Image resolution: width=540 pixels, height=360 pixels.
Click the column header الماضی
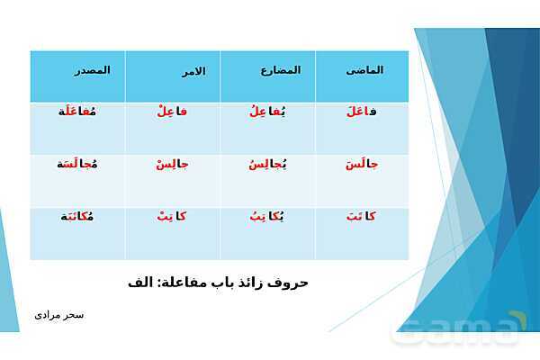pos(364,70)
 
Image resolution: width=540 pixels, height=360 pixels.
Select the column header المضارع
pos(280,70)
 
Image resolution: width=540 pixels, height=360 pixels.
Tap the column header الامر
pos(190,71)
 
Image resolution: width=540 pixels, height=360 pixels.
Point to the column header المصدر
pos(92,70)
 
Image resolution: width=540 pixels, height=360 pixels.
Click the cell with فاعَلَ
pos(361,112)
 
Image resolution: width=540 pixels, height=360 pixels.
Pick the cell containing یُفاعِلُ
pos(266,112)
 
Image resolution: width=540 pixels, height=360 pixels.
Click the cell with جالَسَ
pos(361,165)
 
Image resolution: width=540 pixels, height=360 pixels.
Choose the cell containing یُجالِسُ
pos(266,165)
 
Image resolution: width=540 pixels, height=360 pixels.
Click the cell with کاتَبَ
pos(361,217)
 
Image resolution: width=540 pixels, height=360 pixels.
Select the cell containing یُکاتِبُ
pos(266,217)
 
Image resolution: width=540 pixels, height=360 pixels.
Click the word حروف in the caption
pos(289,283)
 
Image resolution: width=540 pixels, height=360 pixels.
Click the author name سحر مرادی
pos(59,315)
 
